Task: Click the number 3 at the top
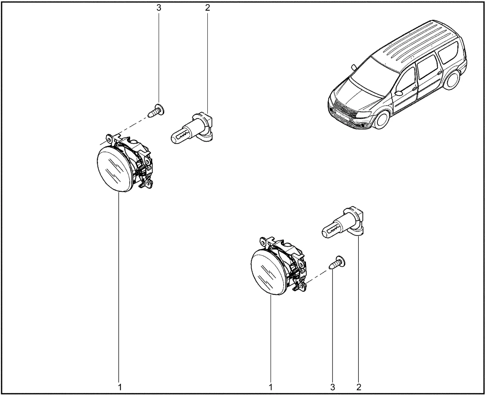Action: [x=159, y=8]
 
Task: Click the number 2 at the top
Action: [x=207, y=8]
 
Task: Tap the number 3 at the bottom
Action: [x=333, y=387]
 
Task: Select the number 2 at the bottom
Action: [x=359, y=387]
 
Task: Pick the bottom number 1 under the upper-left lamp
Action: [x=119, y=387]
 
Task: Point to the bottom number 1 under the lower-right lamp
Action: [x=271, y=387]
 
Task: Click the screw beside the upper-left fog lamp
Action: [x=156, y=111]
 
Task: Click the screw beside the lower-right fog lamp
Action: [x=337, y=263]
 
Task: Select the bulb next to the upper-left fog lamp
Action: [x=192, y=128]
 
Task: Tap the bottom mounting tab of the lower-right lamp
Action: [x=301, y=286]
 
